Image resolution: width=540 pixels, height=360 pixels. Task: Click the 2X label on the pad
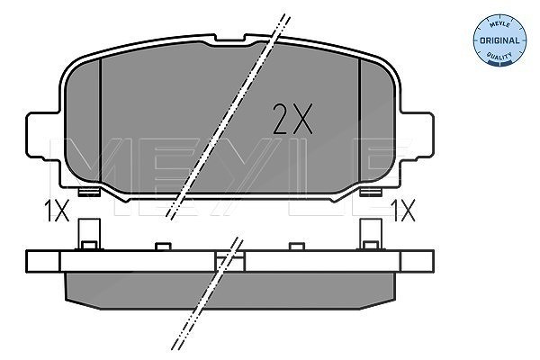click(292, 119)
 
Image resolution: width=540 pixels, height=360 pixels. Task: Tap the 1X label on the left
click(57, 211)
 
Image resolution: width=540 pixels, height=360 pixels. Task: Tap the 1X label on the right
click(403, 211)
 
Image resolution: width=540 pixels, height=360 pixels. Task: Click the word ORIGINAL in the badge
click(499, 40)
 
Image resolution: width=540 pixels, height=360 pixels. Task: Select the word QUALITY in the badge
click(499, 55)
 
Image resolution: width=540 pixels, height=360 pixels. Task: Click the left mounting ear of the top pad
click(43, 136)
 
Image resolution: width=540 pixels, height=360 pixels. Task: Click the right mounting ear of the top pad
click(417, 136)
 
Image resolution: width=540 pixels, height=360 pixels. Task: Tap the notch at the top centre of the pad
click(229, 40)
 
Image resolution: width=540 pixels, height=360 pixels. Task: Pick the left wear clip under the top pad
click(89, 192)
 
